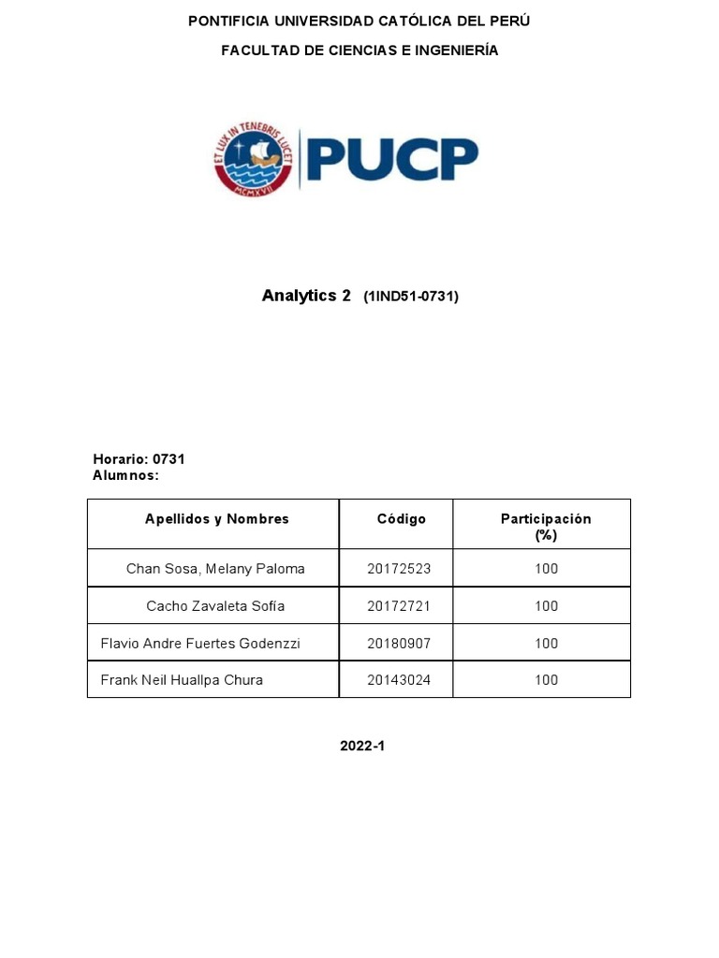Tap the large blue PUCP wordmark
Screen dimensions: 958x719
393,159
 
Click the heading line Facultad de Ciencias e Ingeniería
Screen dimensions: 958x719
359,51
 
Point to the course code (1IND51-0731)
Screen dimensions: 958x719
411,297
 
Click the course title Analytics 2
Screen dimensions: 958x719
306,296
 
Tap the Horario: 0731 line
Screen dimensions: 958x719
139,459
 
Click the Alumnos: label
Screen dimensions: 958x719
126,475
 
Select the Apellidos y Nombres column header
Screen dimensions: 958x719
217,519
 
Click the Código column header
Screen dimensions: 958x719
402,519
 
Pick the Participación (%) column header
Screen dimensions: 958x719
546,527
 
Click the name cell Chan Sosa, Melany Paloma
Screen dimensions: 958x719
215,569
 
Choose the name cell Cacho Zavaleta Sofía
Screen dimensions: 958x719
215,606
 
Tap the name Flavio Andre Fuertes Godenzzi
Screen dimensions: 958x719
200,644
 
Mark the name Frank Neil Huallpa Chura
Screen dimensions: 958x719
182,680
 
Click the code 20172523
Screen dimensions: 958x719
399,569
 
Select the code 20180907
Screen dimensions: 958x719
399,644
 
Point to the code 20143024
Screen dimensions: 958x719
399,680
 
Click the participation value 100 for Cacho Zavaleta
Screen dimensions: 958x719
546,606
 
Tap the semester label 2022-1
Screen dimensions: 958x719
362,747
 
